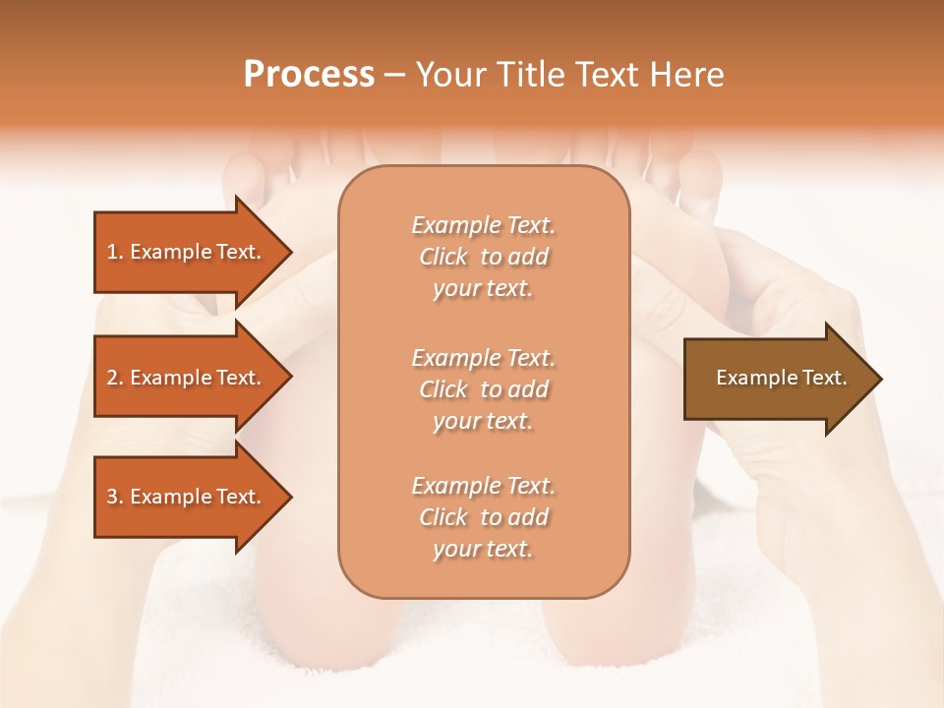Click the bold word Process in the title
[309, 75]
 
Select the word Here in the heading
[687, 75]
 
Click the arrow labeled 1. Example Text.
[187, 252]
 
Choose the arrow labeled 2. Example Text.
[187, 378]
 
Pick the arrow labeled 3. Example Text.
[187, 497]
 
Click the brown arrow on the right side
[777, 379]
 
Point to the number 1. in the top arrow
[115, 252]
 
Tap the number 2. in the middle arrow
[115, 378]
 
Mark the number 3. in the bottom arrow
[115, 497]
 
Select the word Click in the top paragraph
[443, 257]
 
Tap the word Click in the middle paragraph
[443, 389]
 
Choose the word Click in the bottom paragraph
[443, 517]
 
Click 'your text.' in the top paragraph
[483, 289]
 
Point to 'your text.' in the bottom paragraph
[483, 550]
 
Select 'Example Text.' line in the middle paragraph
[483, 357]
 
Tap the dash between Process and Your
[394, 76]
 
